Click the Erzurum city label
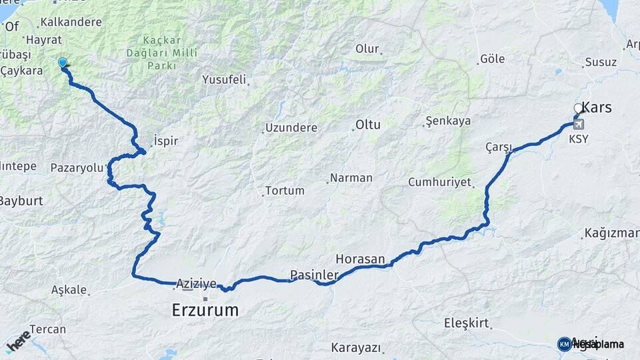(x=205, y=309)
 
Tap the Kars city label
(x=597, y=107)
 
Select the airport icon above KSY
(x=577, y=124)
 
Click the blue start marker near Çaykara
(x=63, y=63)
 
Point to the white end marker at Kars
(x=578, y=107)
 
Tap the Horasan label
(x=361, y=259)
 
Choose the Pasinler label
(x=311, y=274)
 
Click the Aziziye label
(x=197, y=284)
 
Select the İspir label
(x=166, y=141)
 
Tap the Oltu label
(x=367, y=124)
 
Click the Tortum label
(x=285, y=191)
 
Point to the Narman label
(x=352, y=178)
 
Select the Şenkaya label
(x=447, y=121)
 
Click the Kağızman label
(x=611, y=233)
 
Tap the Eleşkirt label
(x=466, y=323)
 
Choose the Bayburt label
(x=21, y=200)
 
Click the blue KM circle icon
(x=564, y=344)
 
